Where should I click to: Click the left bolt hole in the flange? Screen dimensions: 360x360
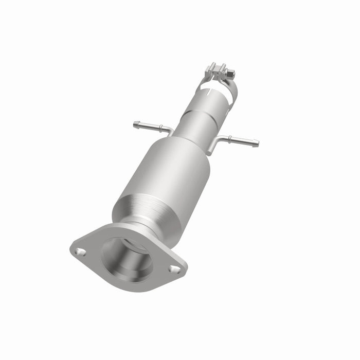pyautogui.click(x=80, y=251)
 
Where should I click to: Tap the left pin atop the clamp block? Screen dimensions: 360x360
pyautogui.click(x=212, y=65)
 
